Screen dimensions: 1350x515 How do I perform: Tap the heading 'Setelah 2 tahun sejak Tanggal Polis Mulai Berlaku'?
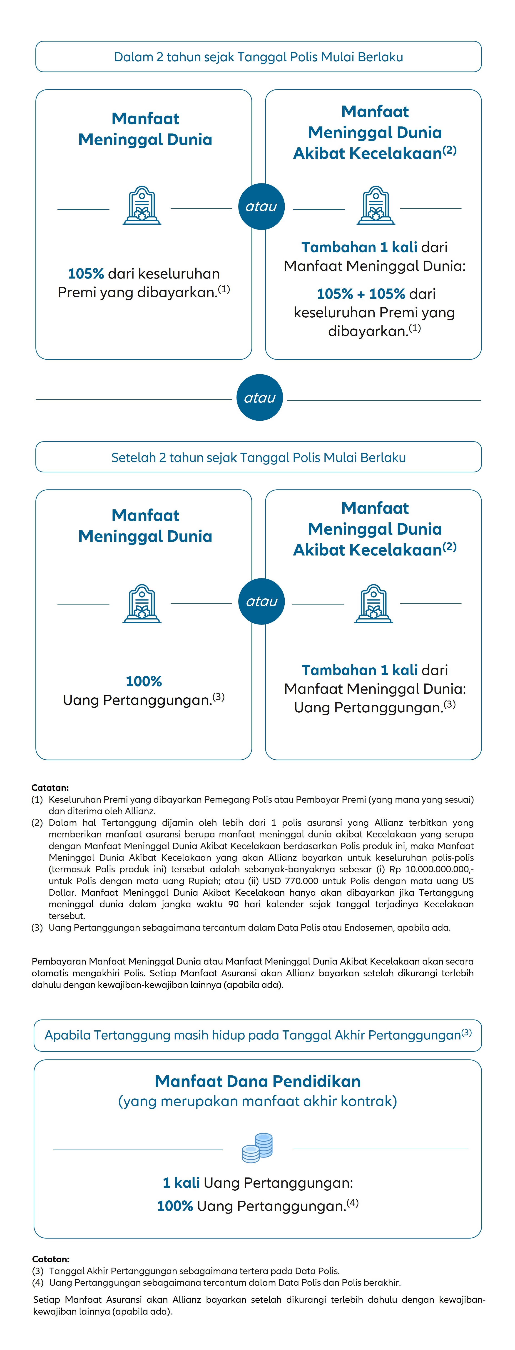point(258,457)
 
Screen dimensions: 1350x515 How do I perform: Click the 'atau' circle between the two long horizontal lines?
point(260,398)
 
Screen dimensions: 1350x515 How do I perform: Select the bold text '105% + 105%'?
point(361,294)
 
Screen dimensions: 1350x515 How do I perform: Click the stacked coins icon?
point(258,1148)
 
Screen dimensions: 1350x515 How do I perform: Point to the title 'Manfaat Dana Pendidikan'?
point(258,1081)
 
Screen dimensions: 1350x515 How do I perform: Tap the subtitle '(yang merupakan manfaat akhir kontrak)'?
point(258,1101)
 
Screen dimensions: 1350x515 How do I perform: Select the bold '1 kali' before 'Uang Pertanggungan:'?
point(181,1183)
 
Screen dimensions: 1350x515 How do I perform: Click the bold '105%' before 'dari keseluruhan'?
point(85,274)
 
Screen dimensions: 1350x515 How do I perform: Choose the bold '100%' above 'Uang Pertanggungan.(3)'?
point(144,681)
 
